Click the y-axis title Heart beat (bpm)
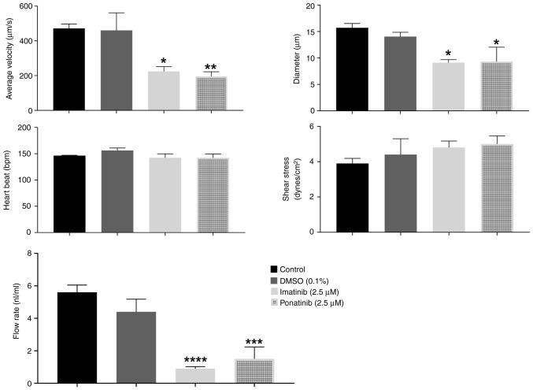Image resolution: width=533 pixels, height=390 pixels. pyautogui.click(x=9, y=180)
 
